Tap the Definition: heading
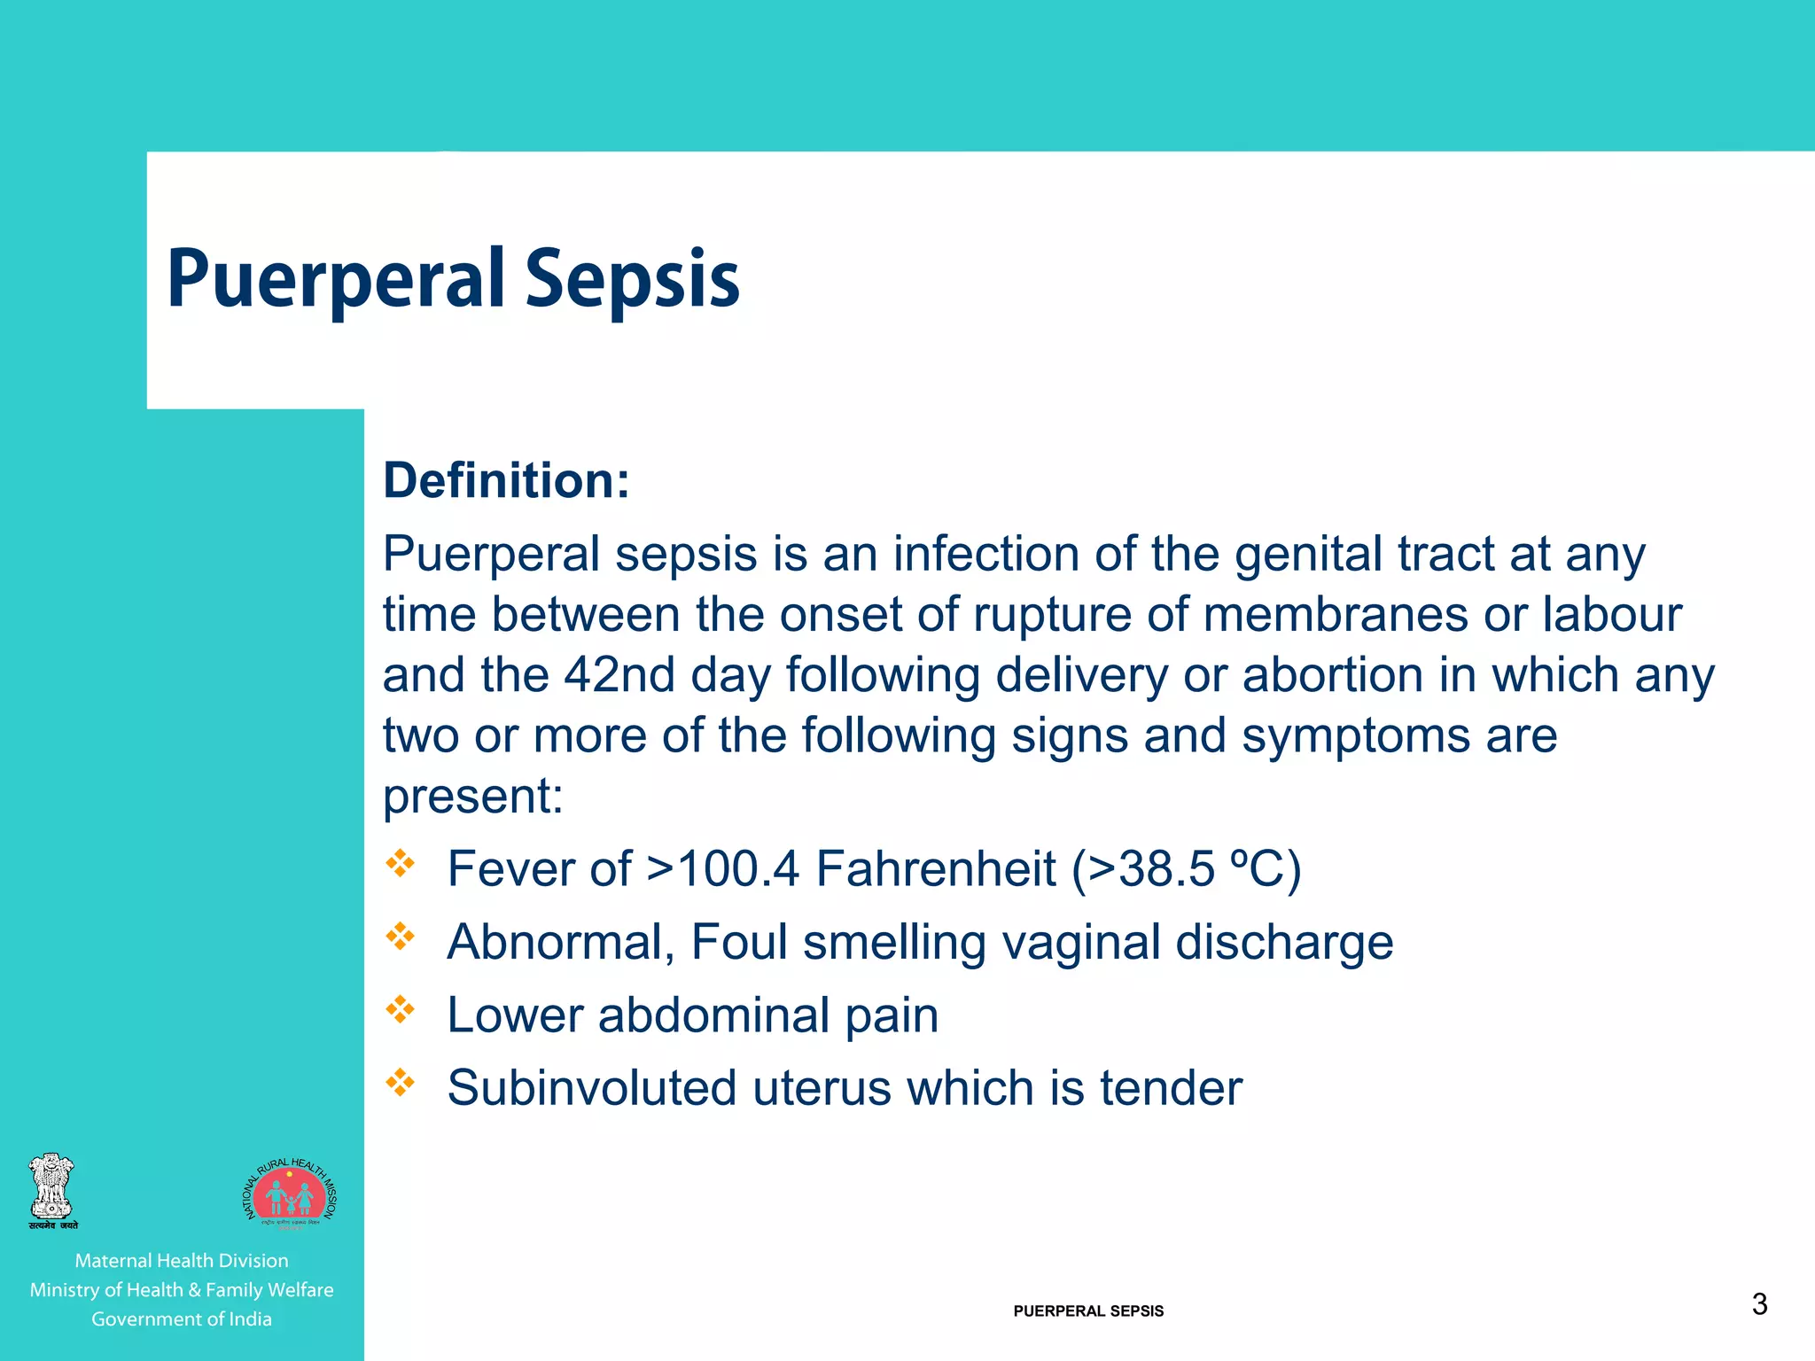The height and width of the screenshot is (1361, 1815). click(x=506, y=481)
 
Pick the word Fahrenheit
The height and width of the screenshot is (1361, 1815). click(x=936, y=868)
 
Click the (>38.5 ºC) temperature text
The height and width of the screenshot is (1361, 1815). click(x=1186, y=868)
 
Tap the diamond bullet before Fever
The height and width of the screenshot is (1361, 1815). click(x=401, y=863)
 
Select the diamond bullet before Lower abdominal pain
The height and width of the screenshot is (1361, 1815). click(x=401, y=1009)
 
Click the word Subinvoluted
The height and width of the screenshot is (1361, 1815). click(x=591, y=1088)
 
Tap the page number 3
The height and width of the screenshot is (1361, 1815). click(x=1759, y=1304)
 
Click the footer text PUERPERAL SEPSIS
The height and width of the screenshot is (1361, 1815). click(x=1088, y=1311)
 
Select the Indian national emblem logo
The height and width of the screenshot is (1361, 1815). click(x=52, y=1191)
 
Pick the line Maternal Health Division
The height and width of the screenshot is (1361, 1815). click(x=182, y=1261)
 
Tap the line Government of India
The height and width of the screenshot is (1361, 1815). click(x=182, y=1319)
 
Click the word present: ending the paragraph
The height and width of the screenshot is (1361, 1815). click(x=472, y=797)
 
